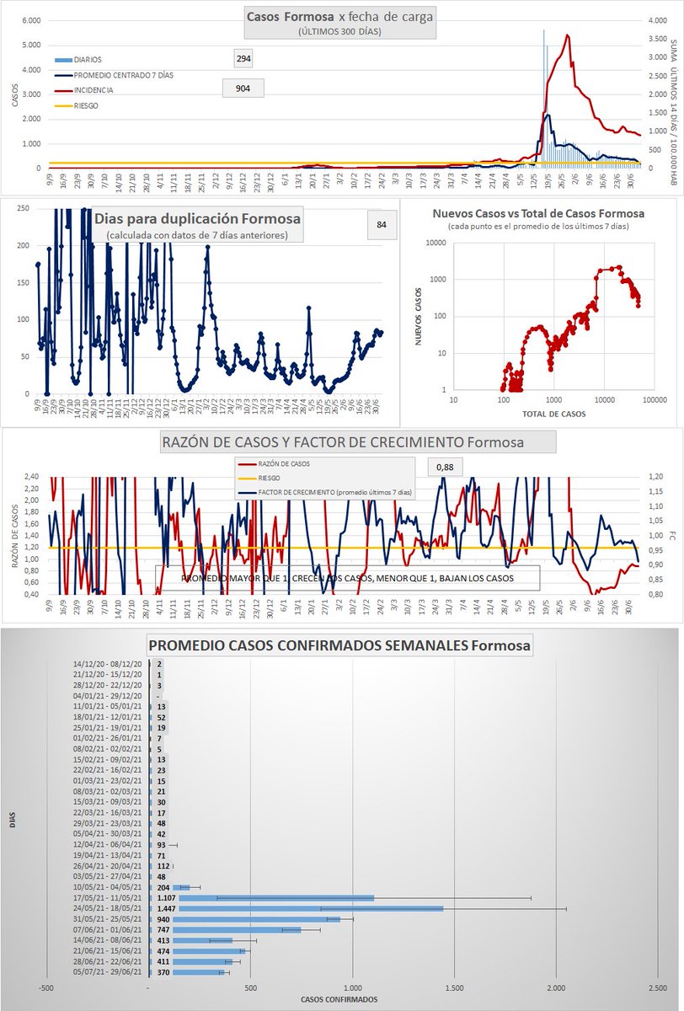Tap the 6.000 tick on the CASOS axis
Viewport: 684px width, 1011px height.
(30, 20)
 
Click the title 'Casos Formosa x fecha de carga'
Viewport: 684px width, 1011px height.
(339, 17)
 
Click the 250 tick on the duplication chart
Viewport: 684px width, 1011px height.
(24, 208)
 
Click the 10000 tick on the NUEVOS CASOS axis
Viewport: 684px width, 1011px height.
(436, 242)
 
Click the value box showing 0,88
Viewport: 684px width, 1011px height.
(445, 466)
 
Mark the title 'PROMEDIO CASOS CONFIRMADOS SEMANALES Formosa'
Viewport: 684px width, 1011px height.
(339, 647)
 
